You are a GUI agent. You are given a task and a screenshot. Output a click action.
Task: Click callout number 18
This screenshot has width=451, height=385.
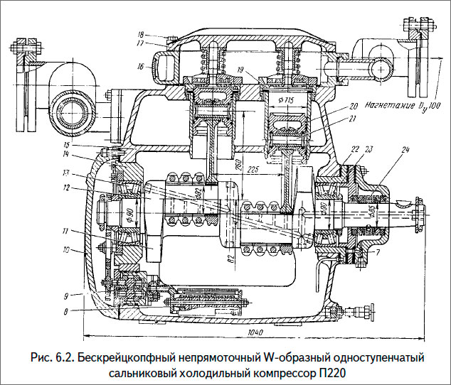142,33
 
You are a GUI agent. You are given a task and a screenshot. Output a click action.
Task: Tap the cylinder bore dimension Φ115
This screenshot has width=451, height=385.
285,99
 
